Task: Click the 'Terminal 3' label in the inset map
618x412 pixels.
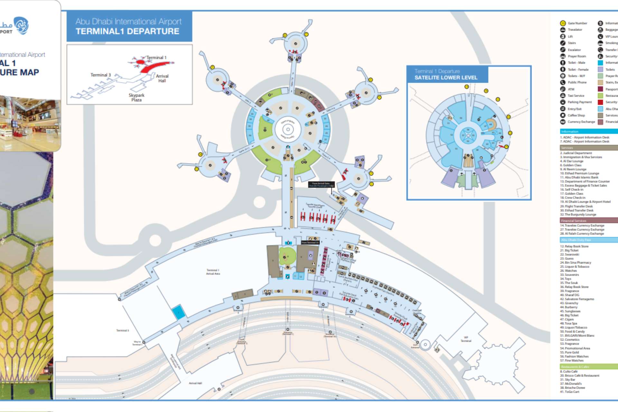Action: (x=100, y=75)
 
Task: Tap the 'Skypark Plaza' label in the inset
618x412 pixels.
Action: (x=136, y=97)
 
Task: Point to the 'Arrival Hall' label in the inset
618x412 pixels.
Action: (x=162, y=78)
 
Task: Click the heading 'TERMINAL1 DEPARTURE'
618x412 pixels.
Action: (x=127, y=31)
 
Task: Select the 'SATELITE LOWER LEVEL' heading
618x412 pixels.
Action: (x=446, y=78)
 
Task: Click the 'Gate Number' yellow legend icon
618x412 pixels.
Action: (x=563, y=23)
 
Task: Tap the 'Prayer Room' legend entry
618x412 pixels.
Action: (x=577, y=56)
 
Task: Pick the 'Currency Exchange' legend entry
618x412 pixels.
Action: (x=581, y=122)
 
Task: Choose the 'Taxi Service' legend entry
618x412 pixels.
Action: (x=576, y=96)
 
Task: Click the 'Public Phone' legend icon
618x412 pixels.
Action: (x=563, y=82)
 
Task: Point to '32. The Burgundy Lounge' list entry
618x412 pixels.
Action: (x=580, y=214)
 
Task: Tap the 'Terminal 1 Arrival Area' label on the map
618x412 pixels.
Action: (x=213, y=272)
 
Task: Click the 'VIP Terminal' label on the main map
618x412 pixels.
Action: (x=466, y=339)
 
